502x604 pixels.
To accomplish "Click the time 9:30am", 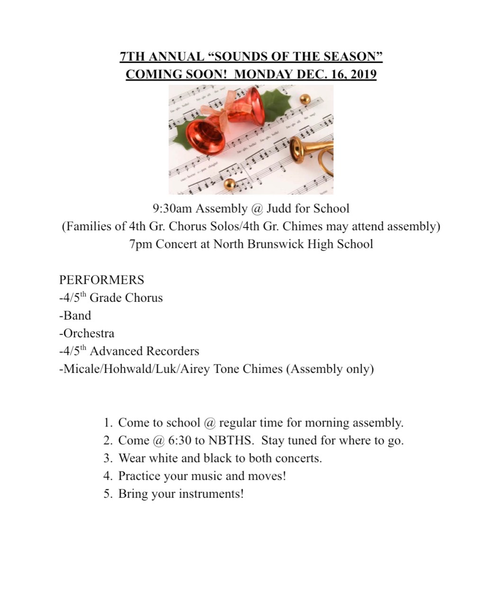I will pyautogui.click(x=172, y=208).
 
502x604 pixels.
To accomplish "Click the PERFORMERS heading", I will pyautogui.click(x=101, y=280).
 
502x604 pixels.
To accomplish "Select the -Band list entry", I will pyautogui.click(x=75, y=316).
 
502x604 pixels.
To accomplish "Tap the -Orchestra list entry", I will pyautogui.click(x=87, y=334).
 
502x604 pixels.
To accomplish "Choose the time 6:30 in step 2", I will pyautogui.click(x=179, y=441).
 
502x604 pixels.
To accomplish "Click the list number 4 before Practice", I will pyautogui.click(x=108, y=476).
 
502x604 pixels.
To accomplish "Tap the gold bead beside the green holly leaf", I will pyautogui.click(x=305, y=99).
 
